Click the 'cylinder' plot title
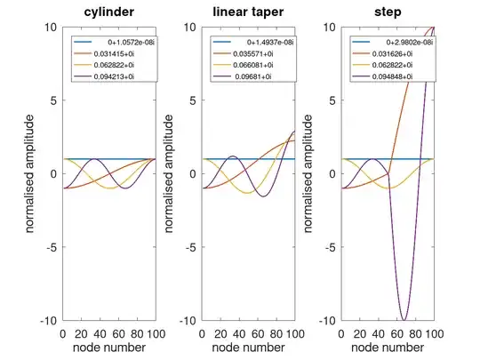coord(109,12)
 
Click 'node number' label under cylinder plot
coord(109,348)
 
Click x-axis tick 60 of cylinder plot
coord(118,332)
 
